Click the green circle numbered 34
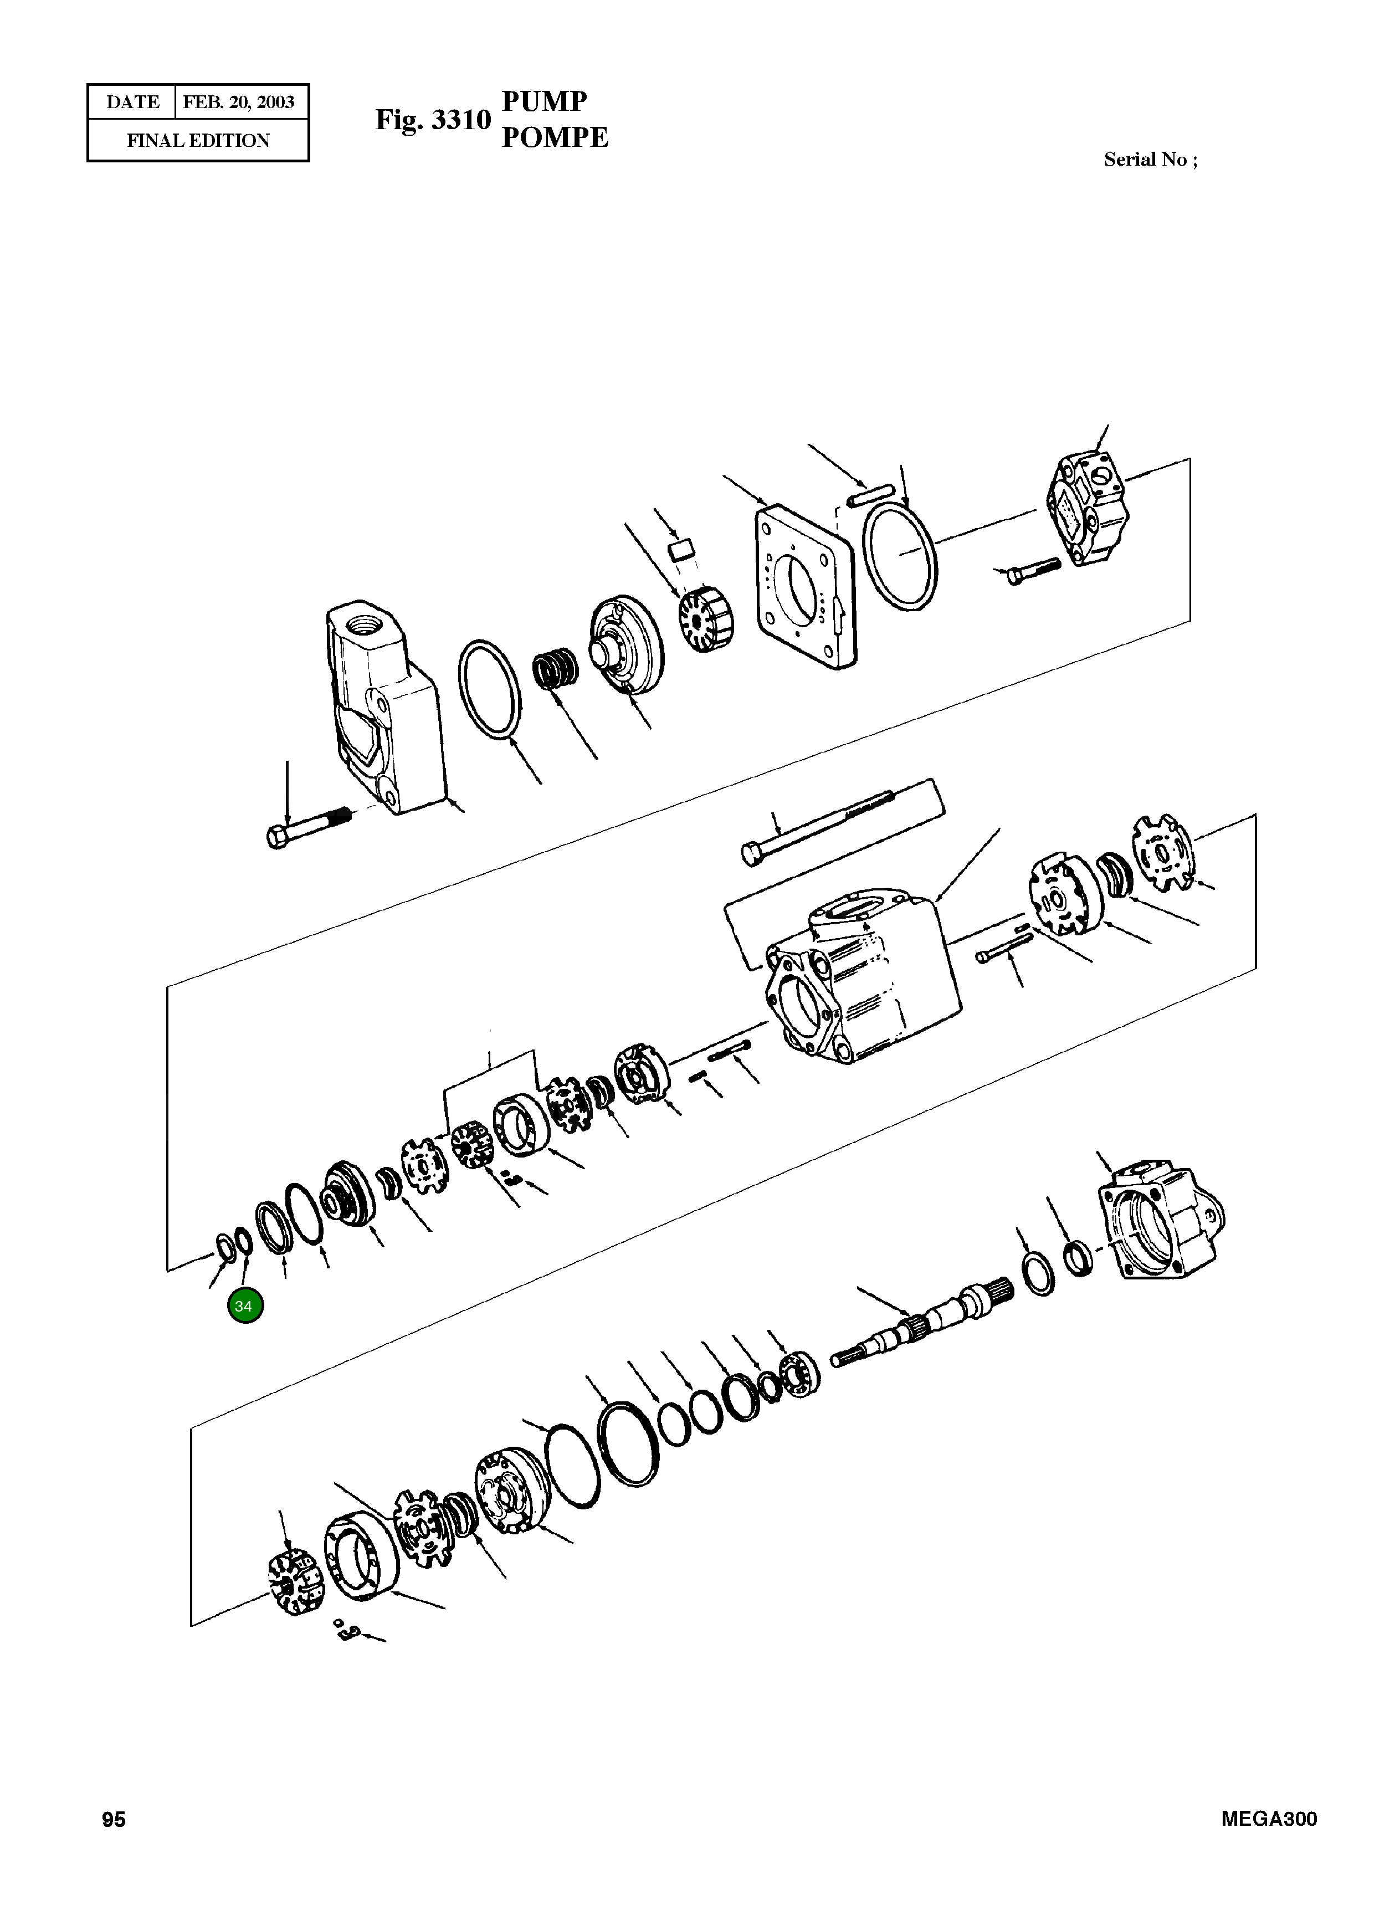[245, 1306]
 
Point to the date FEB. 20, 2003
[239, 103]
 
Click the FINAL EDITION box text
[198, 141]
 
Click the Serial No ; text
[1150, 160]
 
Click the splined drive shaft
[924, 1325]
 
